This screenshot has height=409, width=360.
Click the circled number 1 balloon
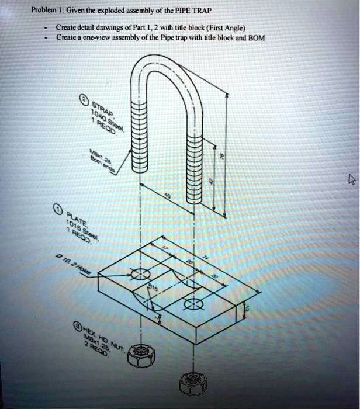point(57,210)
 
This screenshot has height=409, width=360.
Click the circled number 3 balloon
point(77,325)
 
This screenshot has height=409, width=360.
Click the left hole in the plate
point(140,274)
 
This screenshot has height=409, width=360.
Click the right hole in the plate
point(191,304)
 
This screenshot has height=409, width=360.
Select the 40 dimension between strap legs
point(168,199)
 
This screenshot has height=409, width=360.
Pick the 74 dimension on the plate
point(205,257)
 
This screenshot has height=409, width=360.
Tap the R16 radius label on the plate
point(153,288)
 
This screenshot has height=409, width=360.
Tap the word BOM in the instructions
point(257,37)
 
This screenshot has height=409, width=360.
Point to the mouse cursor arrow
point(351,179)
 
